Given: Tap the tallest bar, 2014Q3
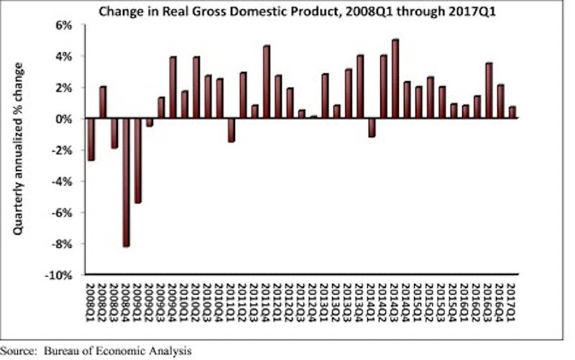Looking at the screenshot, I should coord(395,78).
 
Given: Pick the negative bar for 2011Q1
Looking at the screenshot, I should coord(231,129).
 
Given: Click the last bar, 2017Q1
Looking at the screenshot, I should coord(512,112).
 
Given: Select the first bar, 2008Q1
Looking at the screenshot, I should coord(91,139).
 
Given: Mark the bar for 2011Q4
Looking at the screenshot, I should coord(266,82).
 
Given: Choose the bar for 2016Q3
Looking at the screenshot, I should coord(488,91).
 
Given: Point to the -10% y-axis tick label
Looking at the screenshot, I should coord(60,275).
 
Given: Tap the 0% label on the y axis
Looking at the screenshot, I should coord(64,119).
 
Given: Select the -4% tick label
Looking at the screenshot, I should coord(62,181).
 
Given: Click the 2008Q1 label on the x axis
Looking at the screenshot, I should coord(91,302).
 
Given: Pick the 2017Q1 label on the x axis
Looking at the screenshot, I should coord(512,302).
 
